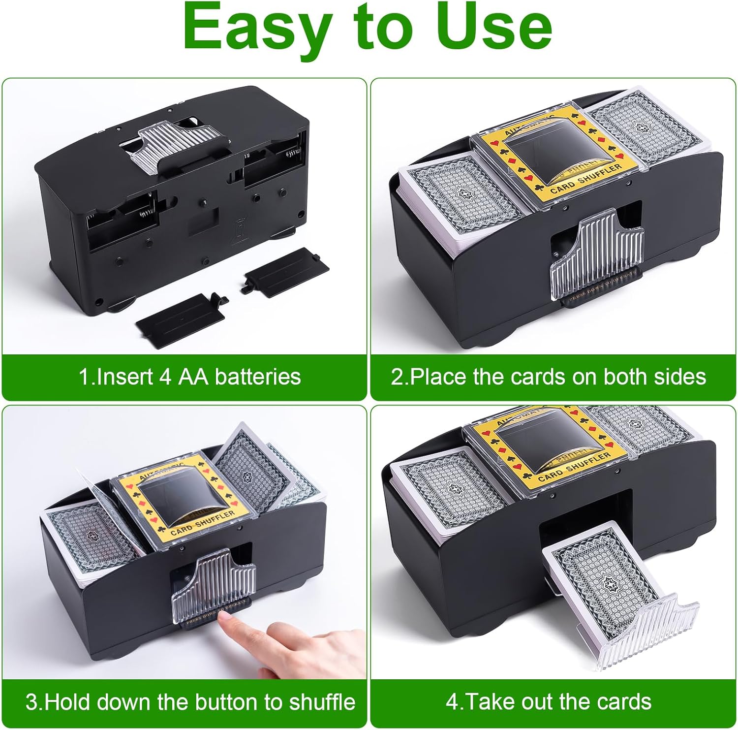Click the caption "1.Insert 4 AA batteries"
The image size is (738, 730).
point(190,377)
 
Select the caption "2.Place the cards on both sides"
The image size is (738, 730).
point(548,377)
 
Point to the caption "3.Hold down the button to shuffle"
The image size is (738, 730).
point(190,701)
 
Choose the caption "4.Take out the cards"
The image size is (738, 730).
point(548,701)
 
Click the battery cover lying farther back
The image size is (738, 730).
point(285,270)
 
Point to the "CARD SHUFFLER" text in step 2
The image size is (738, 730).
point(585,178)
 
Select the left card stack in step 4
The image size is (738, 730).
point(448,490)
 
